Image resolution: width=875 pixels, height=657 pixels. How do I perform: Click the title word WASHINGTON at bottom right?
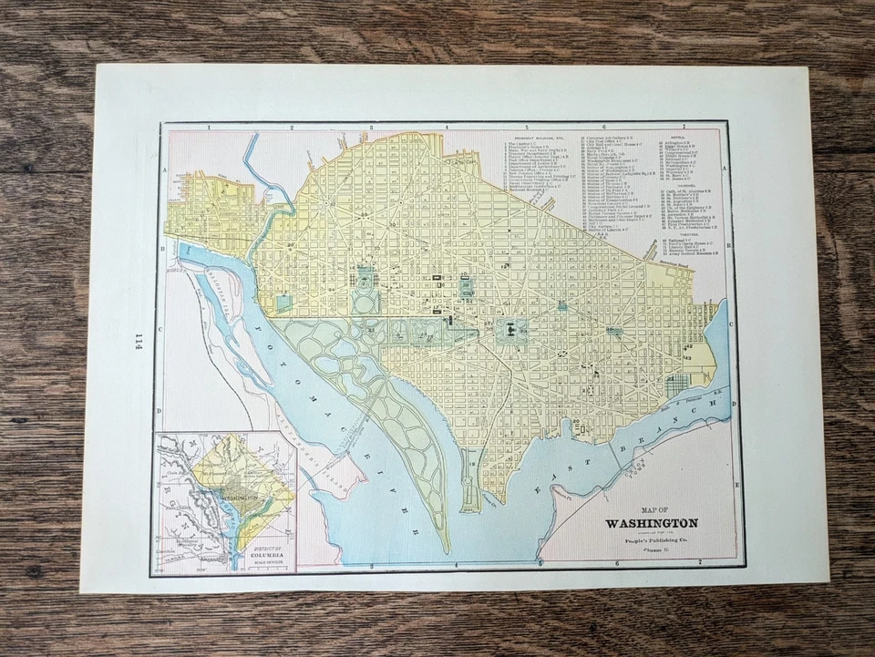651,523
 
